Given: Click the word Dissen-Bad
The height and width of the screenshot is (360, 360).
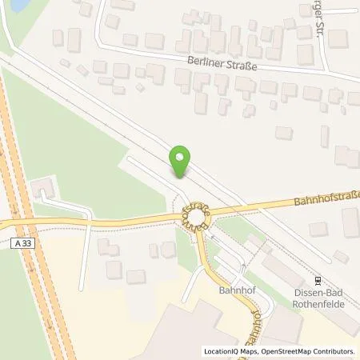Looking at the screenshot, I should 319,293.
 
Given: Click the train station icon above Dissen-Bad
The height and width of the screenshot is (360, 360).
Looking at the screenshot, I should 319,281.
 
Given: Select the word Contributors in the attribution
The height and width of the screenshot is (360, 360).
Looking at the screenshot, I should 333,351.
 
